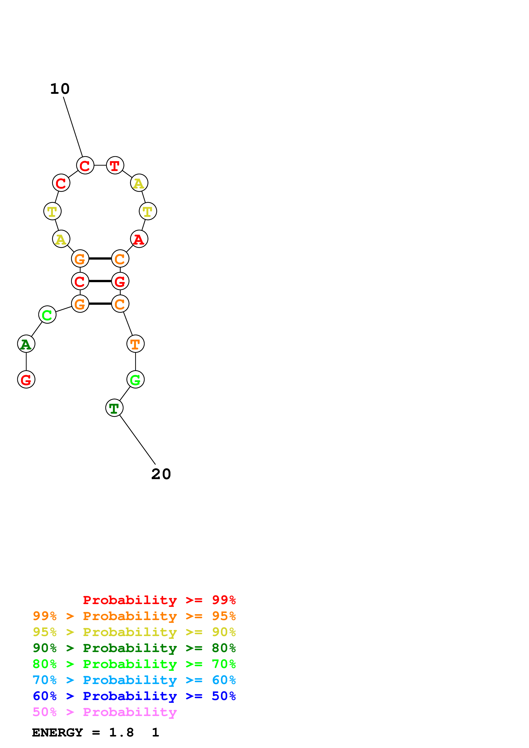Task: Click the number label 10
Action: pos(60,89)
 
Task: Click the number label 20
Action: pos(161,474)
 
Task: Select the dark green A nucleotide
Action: pos(26,344)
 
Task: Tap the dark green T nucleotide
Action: pos(114,408)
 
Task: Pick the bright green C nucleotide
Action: pos(47,315)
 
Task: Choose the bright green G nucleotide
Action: pos(135,380)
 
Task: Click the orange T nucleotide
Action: pos(135,344)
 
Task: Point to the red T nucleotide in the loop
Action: pos(115,165)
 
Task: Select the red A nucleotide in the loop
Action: pos(139,239)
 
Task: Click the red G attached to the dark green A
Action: pos(26,380)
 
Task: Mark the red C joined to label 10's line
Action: pos(85,165)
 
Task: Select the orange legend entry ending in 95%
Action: pos(134,616)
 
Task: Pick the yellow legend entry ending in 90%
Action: pos(134,632)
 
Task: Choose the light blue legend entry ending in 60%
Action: pos(134,680)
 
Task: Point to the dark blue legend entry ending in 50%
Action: pos(134,696)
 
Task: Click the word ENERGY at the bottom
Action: pos(57,732)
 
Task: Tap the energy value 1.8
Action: pos(121,732)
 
